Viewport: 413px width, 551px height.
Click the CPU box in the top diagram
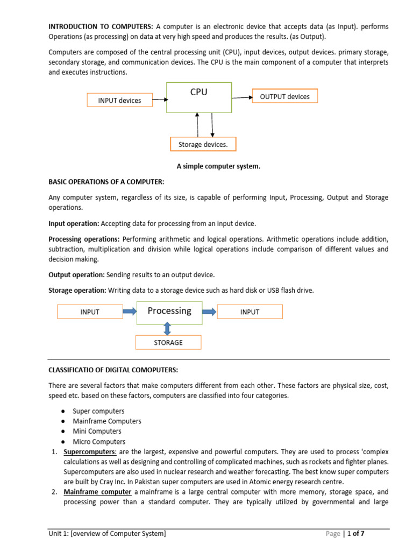pyautogui.click(x=199, y=97)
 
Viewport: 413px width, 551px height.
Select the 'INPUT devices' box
pyautogui.click(x=119, y=100)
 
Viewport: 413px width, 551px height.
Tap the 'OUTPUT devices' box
pyautogui.click(x=284, y=96)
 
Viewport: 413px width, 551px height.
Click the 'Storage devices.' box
pyautogui.click(x=203, y=144)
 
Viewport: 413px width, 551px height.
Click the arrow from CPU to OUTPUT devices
pyautogui.click(x=242, y=97)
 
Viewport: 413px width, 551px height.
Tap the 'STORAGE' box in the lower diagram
pyautogui.click(x=168, y=342)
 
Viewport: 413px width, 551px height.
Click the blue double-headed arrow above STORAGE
pyautogui.click(x=168, y=328)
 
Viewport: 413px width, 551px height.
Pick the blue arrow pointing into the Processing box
pyautogui.click(x=130, y=311)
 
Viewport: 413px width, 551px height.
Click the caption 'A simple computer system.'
pyautogui.click(x=218, y=166)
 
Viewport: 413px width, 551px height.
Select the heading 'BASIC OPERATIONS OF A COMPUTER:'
pyautogui.click(x=106, y=182)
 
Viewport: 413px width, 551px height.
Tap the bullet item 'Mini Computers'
pyautogui.click(x=97, y=431)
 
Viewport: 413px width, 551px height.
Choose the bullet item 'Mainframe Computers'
pyautogui.click(x=107, y=421)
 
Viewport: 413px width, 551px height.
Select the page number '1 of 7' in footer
pyautogui.click(x=359, y=534)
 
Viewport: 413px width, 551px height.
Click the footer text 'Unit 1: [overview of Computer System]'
pyautogui.click(x=107, y=534)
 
